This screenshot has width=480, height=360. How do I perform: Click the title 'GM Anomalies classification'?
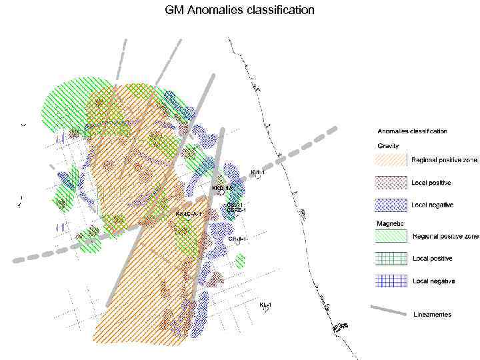[239, 11]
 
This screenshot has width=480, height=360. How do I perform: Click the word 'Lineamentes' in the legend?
[433, 314]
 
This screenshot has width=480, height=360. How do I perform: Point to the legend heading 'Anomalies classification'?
[412, 131]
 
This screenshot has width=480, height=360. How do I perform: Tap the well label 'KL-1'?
[265, 305]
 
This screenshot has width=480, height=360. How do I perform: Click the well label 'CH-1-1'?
[237, 238]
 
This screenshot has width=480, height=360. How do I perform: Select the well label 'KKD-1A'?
[221, 189]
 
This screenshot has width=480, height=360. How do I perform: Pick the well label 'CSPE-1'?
[236, 211]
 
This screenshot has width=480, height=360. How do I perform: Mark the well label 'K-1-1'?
[257, 172]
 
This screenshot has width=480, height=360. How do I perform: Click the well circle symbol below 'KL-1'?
[266, 311]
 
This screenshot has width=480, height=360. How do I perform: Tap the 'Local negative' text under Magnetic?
[433, 281]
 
